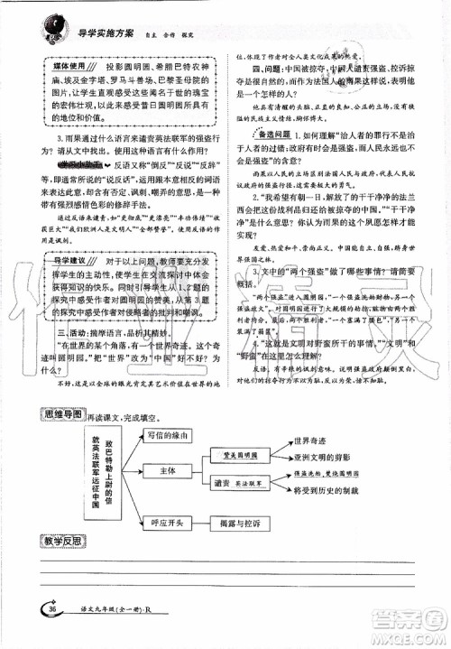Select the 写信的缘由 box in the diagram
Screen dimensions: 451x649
(169, 435)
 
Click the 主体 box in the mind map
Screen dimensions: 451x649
(169, 471)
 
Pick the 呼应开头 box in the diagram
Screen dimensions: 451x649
(169, 521)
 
